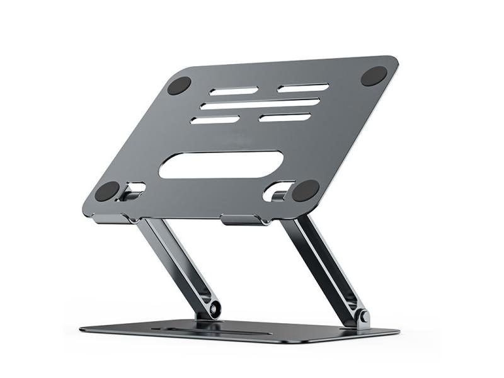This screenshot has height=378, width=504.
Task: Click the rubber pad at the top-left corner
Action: coord(179,85)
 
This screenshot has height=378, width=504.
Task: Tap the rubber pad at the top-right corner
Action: coord(374,76)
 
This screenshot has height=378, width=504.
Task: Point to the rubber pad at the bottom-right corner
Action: coord(306,190)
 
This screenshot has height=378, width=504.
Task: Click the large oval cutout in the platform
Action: coord(220,164)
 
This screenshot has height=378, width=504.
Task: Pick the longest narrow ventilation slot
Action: coord(260,103)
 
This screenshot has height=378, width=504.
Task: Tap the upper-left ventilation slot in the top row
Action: coord(234,91)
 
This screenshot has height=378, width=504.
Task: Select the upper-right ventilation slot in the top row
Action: coord(303,88)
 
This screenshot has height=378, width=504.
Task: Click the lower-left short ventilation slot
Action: coord(215,120)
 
